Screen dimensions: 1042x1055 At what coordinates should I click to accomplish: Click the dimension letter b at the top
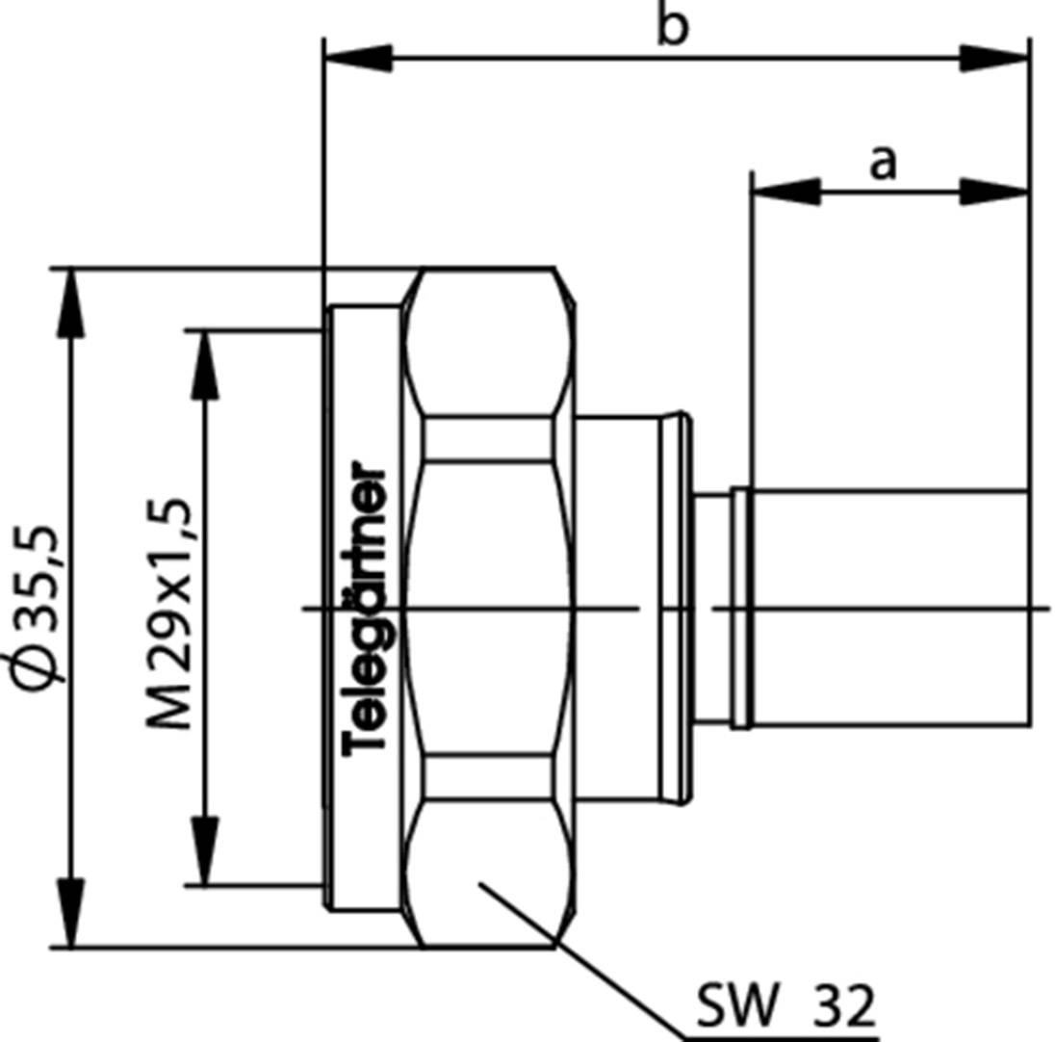point(673,26)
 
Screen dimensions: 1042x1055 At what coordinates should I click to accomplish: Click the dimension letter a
point(882,162)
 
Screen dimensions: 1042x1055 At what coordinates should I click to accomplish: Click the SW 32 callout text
point(785,1007)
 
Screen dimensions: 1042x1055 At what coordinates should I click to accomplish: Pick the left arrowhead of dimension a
point(785,191)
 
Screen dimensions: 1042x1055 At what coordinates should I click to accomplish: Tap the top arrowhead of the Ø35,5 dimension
point(70,302)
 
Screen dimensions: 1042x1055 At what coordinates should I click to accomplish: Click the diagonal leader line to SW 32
point(578,959)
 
